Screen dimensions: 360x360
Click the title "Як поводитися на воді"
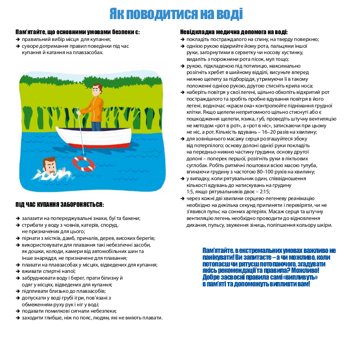click(x=176, y=14)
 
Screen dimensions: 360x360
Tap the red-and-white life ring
click(x=84, y=163)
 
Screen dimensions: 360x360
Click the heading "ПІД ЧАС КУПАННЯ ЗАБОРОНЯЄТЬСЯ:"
click(x=60, y=205)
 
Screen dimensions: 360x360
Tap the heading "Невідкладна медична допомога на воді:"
click(x=234, y=32)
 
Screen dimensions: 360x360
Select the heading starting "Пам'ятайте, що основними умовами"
click(x=78, y=32)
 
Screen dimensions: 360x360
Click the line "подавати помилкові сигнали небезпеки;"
click(x=69, y=311)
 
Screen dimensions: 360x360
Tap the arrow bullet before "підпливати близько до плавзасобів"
click(x=18, y=291)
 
